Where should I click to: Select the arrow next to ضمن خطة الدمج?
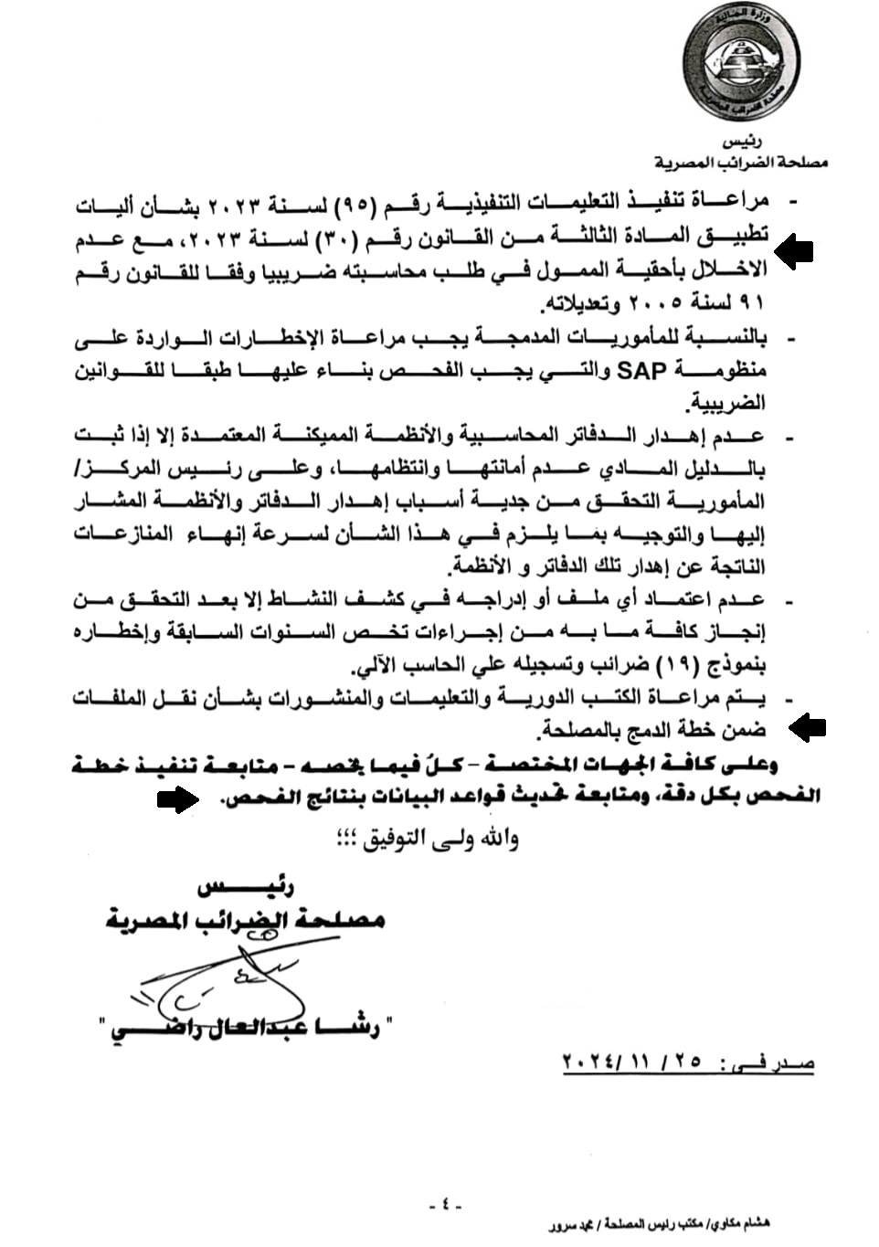point(808,728)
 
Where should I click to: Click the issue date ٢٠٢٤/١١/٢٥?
point(630,1063)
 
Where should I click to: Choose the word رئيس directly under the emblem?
point(742,143)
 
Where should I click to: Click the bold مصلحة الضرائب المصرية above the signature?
point(245,919)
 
